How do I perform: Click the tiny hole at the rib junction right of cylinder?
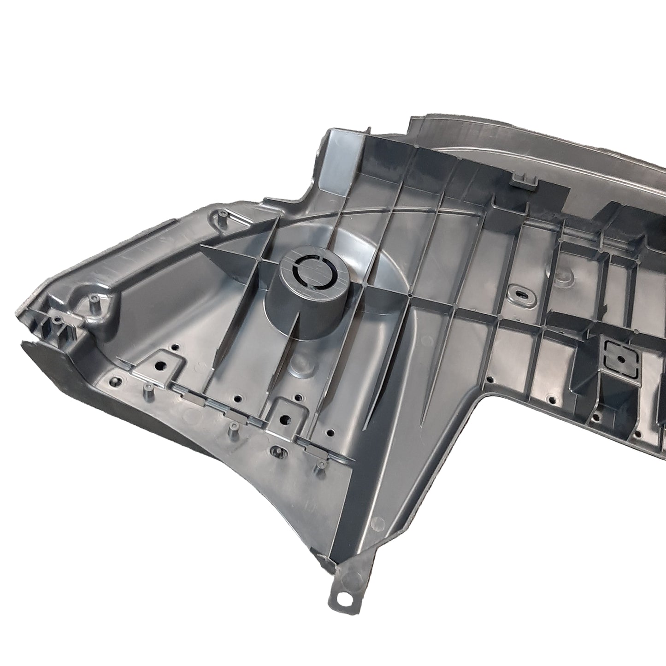[x=410, y=294]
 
